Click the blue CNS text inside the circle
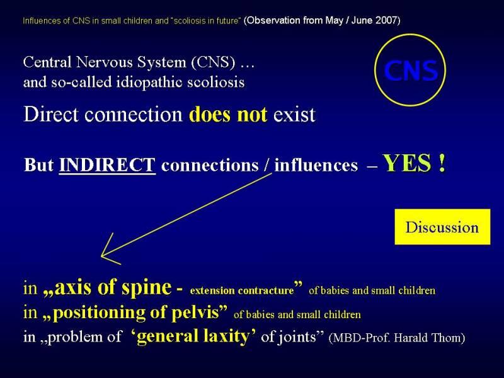[411, 71]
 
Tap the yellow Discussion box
[442, 227]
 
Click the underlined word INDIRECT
[107, 165]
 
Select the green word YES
[407, 163]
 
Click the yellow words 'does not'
[228, 114]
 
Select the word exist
[294, 115]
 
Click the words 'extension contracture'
[242, 290]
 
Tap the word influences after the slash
[316, 165]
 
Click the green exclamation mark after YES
[442, 163]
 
